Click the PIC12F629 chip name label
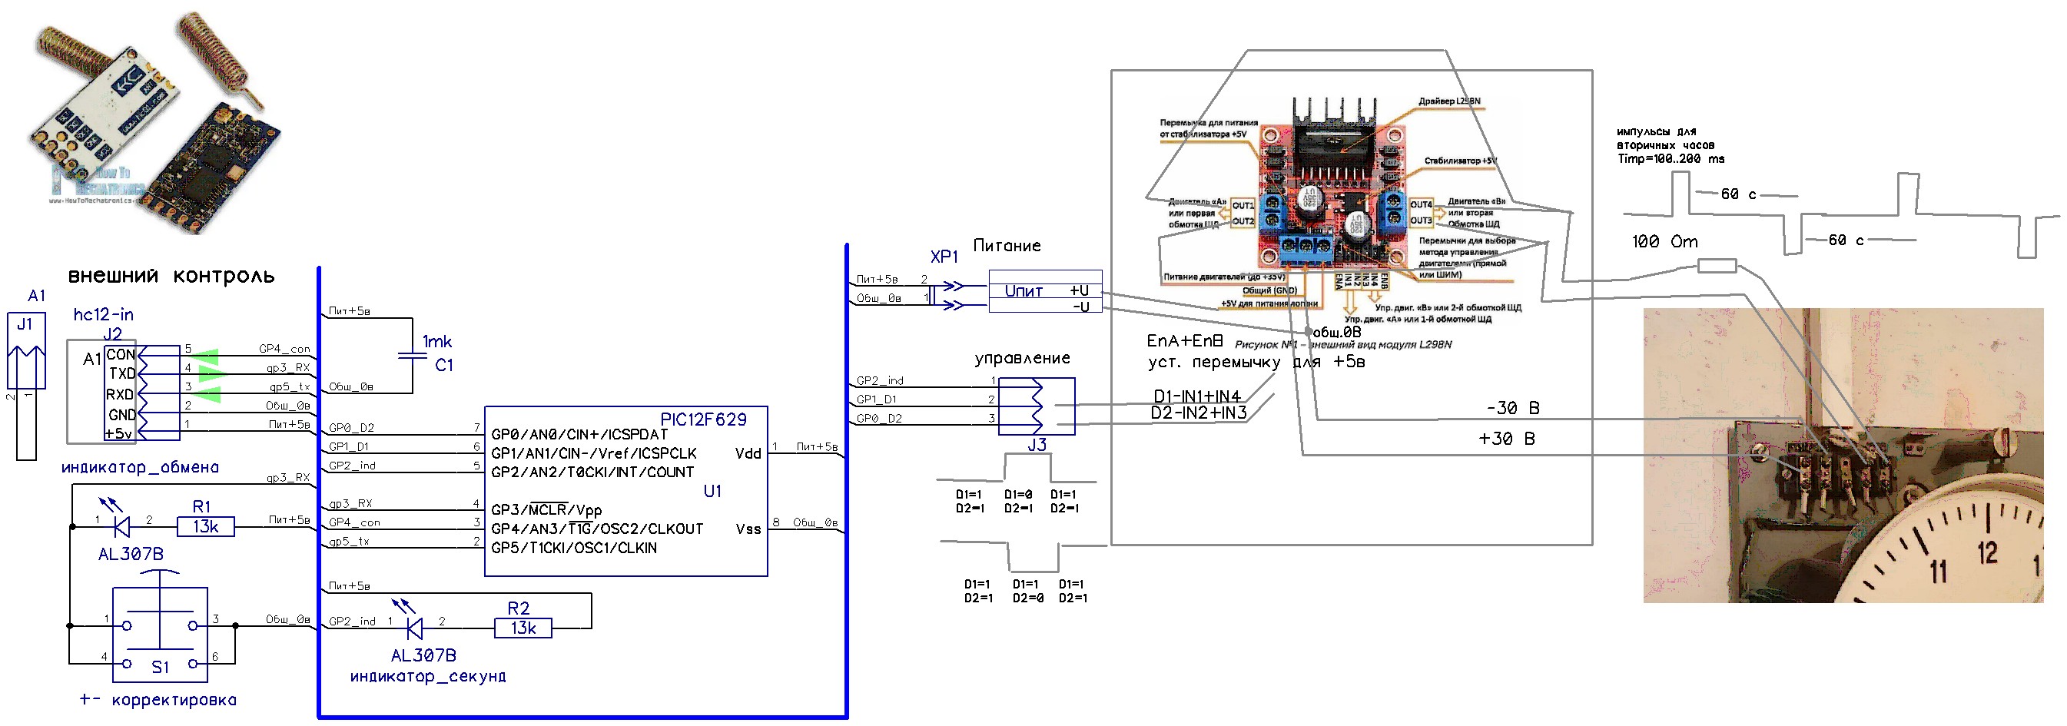[x=703, y=419]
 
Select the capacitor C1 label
[x=443, y=366]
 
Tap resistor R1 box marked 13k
[x=205, y=527]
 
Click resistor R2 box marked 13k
[x=523, y=628]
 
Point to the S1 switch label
[x=161, y=668]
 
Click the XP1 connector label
[x=944, y=257]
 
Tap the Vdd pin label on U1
[x=748, y=454]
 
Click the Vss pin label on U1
[x=748, y=529]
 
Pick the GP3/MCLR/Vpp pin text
[x=546, y=510]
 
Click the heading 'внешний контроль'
[x=171, y=277]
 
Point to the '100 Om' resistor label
[x=1664, y=241]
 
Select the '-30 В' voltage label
[x=1512, y=408]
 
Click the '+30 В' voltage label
[x=1506, y=439]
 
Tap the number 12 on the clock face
[x=1987, y=552]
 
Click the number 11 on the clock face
[x=1939, y=571]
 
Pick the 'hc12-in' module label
[x=104, y=314]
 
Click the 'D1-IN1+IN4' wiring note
[x=1196, y=396]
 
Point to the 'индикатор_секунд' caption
[x=428, y=677]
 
